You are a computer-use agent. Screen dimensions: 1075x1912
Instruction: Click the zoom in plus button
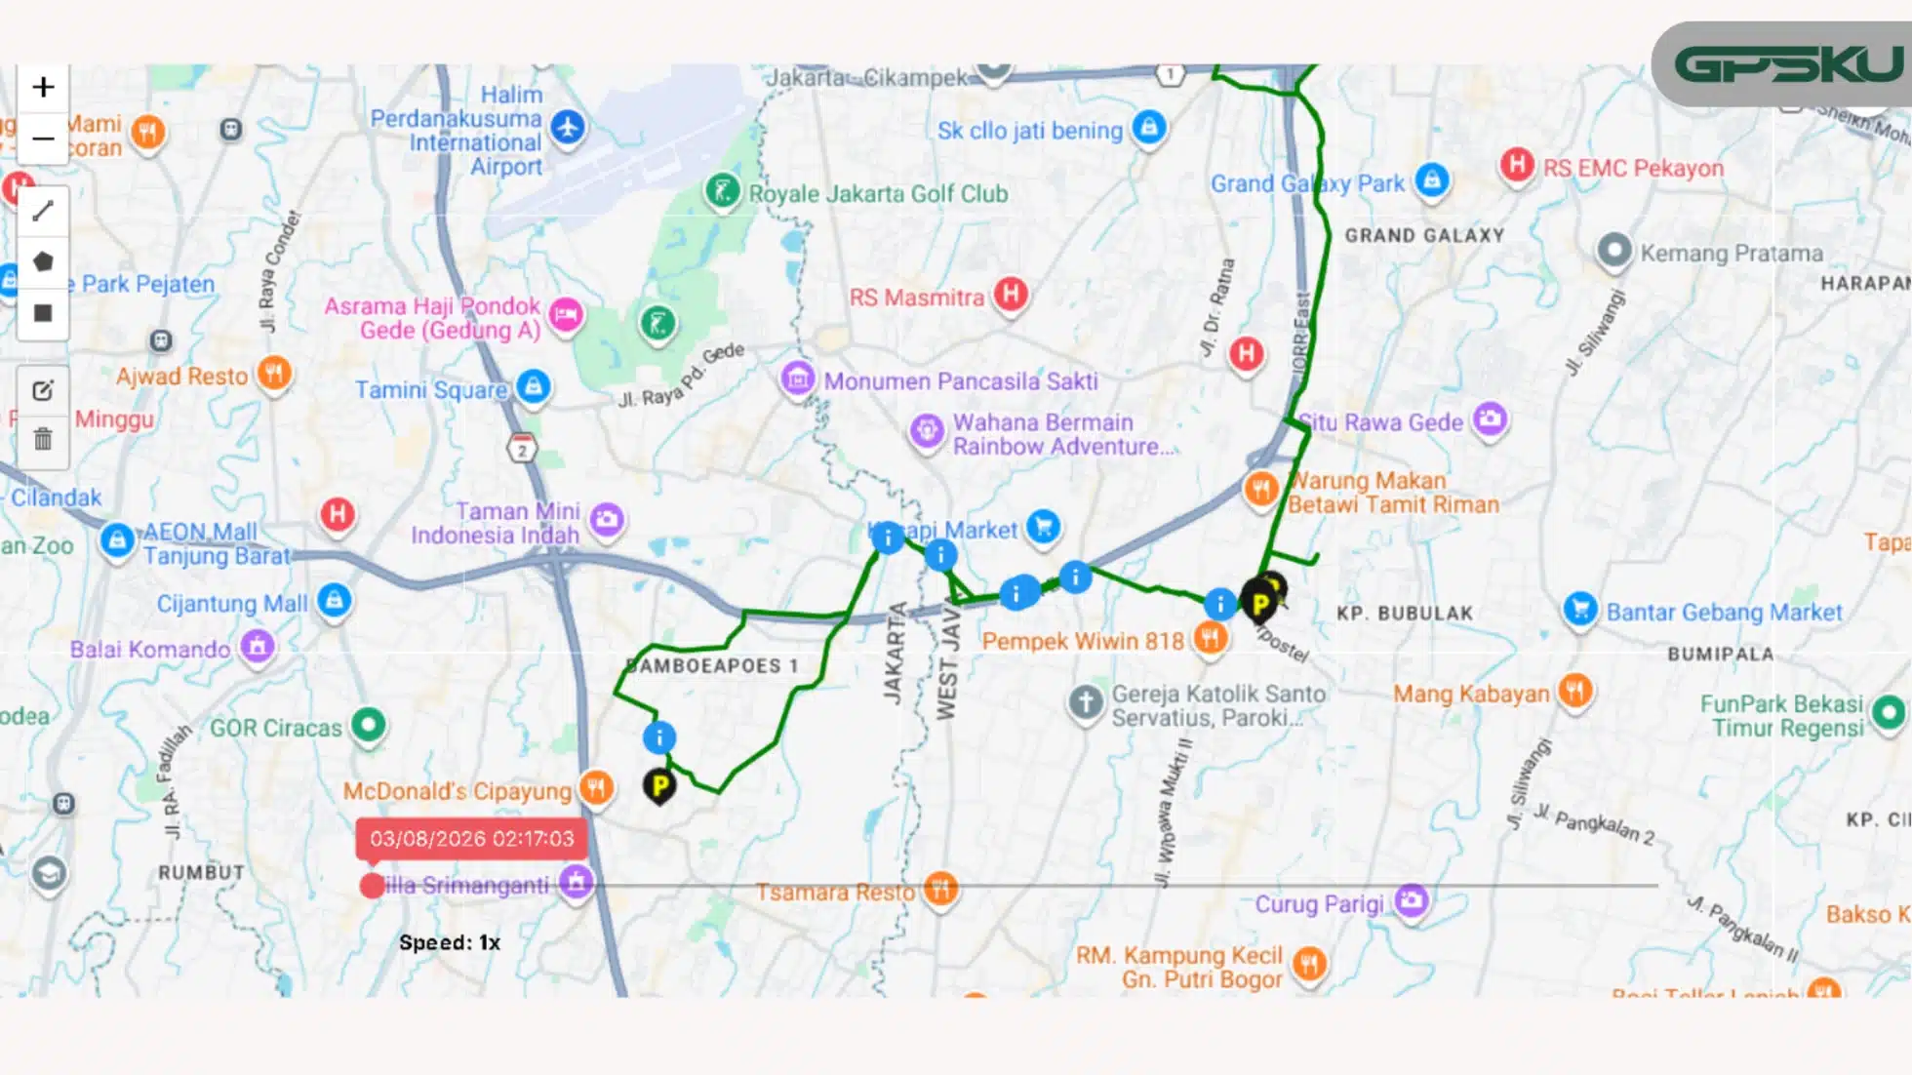[43, 88]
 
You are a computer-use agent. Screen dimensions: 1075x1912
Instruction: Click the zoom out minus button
[43, 139]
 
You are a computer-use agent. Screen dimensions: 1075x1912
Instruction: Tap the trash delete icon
[43, 439]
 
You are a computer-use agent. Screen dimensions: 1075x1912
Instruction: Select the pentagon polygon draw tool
[43, 261]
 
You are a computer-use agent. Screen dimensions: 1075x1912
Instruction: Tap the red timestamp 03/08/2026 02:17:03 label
[471, 839]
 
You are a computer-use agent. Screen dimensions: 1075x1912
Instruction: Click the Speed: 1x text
[450, 942]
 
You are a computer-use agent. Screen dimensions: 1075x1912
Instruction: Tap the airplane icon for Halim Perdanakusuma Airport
[568, 126]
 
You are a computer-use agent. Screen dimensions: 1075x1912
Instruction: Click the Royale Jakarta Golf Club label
[878, 193]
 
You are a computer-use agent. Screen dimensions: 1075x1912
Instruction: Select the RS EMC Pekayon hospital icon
[1516, 164]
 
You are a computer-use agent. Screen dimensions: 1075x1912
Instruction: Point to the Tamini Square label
[430, 389]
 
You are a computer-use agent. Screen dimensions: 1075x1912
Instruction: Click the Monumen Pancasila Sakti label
[961, 380]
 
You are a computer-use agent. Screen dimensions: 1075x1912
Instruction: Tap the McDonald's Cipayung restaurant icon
[596, 787]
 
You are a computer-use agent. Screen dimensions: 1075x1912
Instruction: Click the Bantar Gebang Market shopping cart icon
[1580, 610]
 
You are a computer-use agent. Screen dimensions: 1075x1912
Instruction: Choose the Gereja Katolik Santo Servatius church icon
[1085, 701]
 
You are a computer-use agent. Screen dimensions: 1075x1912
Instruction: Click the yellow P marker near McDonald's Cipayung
[659, 784]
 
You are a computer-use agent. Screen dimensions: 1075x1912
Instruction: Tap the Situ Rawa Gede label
[1381, 422]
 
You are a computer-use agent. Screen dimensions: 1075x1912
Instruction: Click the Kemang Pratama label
[1731, 253]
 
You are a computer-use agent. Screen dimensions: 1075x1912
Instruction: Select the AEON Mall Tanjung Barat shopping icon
[117, 539]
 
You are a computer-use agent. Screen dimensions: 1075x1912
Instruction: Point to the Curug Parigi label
[1319, 904]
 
